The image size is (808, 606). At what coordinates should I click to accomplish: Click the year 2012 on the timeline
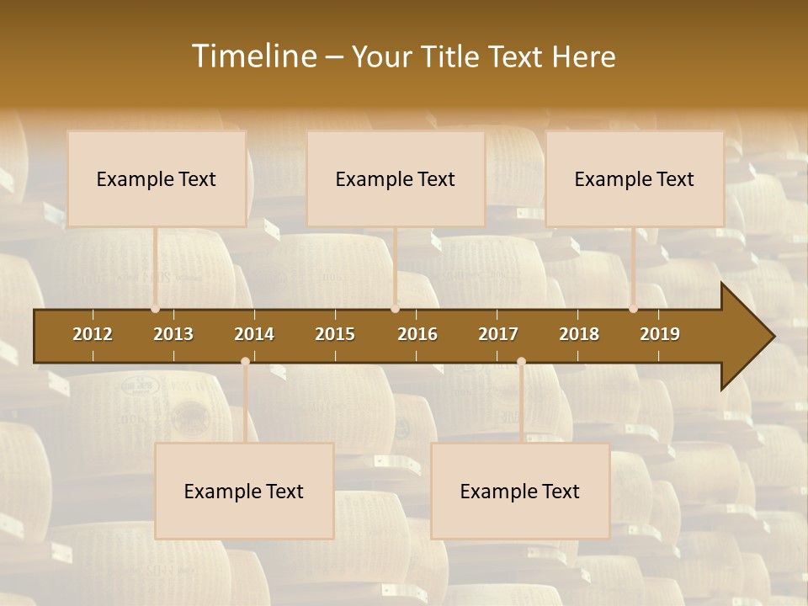93,334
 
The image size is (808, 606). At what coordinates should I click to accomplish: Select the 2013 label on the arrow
173,334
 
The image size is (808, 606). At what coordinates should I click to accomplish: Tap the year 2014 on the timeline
254,334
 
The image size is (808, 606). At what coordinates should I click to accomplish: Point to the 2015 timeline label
335,334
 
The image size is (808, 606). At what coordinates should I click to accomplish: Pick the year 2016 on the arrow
417,334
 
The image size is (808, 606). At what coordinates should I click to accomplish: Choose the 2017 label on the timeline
498,334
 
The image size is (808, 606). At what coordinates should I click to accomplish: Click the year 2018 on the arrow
579,334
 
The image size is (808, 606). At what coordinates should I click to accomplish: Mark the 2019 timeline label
660,334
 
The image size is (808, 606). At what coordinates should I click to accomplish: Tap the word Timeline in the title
254,56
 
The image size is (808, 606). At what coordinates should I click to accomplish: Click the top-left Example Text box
157,178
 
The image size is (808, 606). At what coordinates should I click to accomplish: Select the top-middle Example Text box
396,178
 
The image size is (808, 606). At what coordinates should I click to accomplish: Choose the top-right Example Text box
635,178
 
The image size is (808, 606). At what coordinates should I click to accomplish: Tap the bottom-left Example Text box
244,491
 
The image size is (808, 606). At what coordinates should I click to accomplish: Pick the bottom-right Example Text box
520,491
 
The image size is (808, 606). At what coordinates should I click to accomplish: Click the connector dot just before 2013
155,309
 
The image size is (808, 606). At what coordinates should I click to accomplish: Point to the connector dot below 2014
245,361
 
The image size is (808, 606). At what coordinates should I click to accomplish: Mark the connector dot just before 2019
633,309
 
